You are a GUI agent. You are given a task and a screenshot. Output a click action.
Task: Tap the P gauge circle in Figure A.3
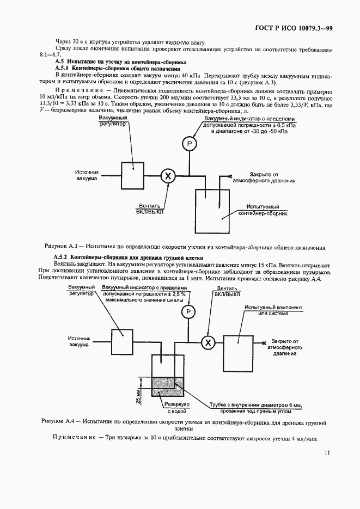[x=189, y=144]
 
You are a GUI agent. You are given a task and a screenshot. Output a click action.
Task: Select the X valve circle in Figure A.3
[x=168, y=175]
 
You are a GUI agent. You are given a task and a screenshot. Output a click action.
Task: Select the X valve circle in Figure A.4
[x=208, y=342]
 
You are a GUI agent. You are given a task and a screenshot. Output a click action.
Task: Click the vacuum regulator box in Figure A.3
[x=131, y=175]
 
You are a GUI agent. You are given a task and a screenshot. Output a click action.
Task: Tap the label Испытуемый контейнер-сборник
[x=263, y=211]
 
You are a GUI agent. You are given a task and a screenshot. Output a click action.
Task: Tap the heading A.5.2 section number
[x=62, y=257]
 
